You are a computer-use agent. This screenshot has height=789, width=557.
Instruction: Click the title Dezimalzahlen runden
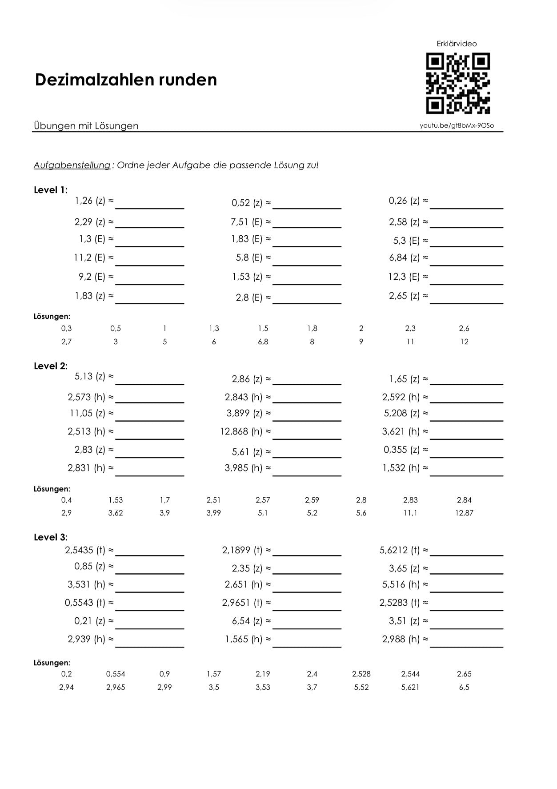pos(126,80)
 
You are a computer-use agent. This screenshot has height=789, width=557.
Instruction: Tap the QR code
pos(457,83)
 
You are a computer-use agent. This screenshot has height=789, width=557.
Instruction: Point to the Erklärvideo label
pos(457,44)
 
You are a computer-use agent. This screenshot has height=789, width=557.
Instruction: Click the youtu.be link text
pos(457,125)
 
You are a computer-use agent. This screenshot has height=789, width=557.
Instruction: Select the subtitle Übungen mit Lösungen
pos(86,126)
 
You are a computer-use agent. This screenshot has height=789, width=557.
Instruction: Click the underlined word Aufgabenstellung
pos(72,165)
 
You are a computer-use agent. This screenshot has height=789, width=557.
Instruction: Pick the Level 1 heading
pos(51,190)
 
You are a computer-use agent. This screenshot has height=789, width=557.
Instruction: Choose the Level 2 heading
pos(51,366)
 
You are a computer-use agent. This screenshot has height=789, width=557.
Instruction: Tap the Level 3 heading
pos(51,537)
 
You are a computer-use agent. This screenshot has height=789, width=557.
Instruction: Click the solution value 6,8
pos(263,342)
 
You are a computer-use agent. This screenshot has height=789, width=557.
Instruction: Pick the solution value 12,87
pos(464,513)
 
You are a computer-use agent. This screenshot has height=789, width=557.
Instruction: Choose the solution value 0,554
pos(116,674)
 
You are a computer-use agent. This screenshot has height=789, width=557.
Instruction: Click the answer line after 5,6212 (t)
pos(466,554)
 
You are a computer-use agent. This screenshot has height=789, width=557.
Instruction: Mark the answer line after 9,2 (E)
pos(149,283)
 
